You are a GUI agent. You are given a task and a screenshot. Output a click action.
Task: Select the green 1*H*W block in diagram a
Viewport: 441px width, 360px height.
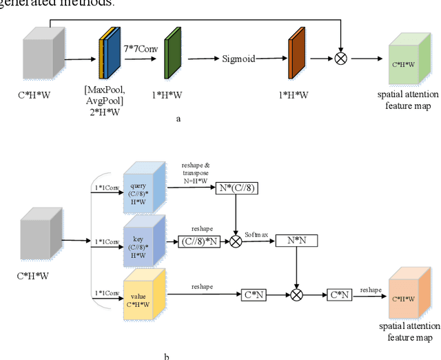[172, 59]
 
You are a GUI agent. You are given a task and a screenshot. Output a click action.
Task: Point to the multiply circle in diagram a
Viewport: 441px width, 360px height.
[340, 58]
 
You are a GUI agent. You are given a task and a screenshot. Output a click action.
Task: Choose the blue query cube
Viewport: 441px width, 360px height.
[144, 188]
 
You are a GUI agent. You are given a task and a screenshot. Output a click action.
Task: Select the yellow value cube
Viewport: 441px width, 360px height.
[144, 295]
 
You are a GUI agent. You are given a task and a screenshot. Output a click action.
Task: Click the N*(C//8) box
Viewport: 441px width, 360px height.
[236, 187]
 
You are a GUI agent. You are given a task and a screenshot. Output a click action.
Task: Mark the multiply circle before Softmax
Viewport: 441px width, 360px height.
[236, 241]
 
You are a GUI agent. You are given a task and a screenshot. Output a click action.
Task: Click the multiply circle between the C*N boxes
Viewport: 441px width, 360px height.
[296, 294]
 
